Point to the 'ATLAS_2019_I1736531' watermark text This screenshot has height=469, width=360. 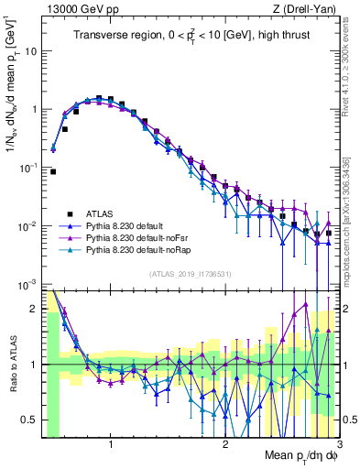(x=190, y=274)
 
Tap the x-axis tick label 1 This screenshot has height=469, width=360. (x=111, y=446)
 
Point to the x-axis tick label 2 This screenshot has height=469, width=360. (x=224, y=446)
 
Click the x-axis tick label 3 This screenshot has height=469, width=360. (x=337, y=446)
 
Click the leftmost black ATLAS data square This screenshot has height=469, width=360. (x=53, y=171)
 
